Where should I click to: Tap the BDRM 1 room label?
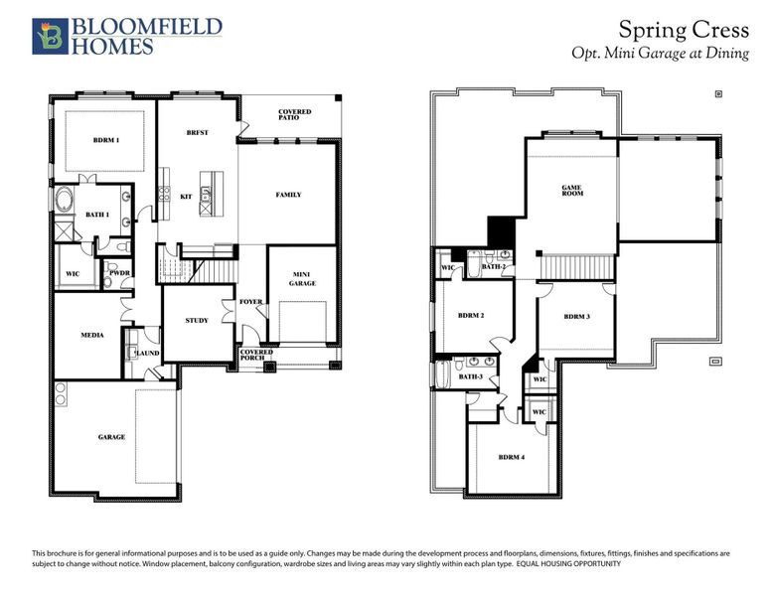105,140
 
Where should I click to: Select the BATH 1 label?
97,214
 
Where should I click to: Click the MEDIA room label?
92,336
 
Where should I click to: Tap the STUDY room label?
197,320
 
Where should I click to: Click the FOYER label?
250,302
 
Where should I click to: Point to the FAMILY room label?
288,195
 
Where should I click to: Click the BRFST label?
197,132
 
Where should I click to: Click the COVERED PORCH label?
255,356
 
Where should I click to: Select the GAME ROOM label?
571,189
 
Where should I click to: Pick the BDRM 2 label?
471,315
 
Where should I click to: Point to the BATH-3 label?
470,376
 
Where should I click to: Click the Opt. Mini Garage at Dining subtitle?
660,53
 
